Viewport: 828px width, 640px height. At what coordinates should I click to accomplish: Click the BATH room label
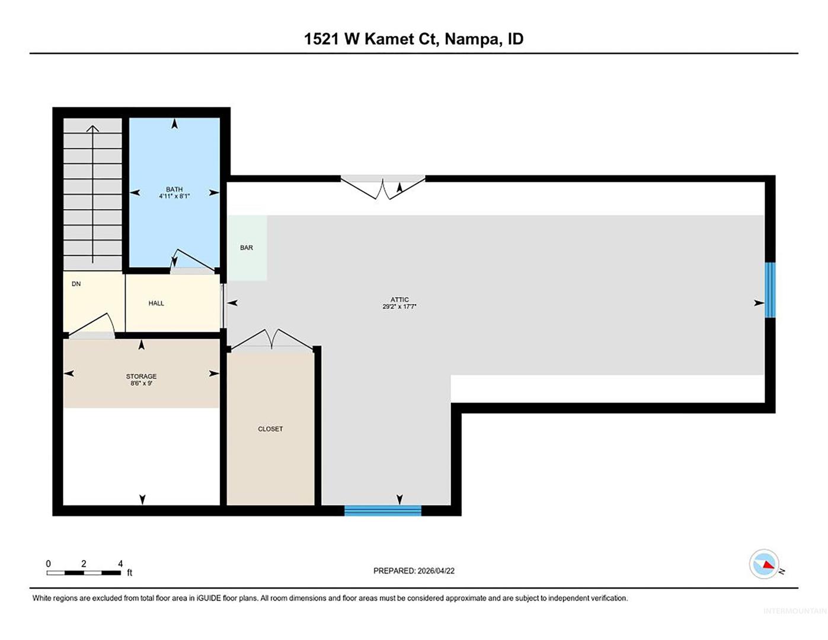(x=174, y=189)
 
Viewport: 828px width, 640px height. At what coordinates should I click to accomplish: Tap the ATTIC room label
(x=399, y=299)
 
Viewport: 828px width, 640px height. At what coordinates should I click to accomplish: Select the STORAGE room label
(x=142, y=376)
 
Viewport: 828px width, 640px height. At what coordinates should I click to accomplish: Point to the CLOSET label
(x=270, y=428)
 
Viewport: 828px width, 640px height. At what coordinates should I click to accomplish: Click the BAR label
(x=247, y=248)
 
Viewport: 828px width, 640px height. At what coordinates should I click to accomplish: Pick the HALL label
(x=156, y=303)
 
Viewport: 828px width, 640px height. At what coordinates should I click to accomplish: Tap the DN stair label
(x=76, y=284)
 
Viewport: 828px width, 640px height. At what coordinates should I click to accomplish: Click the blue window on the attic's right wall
(x=770, y=290)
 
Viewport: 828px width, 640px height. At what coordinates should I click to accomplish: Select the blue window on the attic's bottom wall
(x=383, y=510)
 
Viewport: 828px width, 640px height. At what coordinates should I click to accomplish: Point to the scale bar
(x=84, y=572)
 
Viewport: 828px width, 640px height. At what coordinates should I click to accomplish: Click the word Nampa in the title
(x=472, y=39)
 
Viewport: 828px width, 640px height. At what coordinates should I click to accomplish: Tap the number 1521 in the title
(x=321, y=39)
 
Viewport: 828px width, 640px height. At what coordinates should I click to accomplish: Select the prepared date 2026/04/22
(x=436, y=571)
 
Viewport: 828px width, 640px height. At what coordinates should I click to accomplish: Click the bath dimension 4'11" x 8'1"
(x=174, y=196)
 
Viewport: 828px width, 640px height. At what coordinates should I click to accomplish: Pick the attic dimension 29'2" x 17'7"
(x=399, y=306)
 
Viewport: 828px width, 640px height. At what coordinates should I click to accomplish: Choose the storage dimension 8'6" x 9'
(x=142, y=383)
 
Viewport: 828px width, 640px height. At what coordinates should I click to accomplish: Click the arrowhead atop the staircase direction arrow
(x=92, y=129)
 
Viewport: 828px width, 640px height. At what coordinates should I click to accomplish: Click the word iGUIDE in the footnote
(x=209, y=598)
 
